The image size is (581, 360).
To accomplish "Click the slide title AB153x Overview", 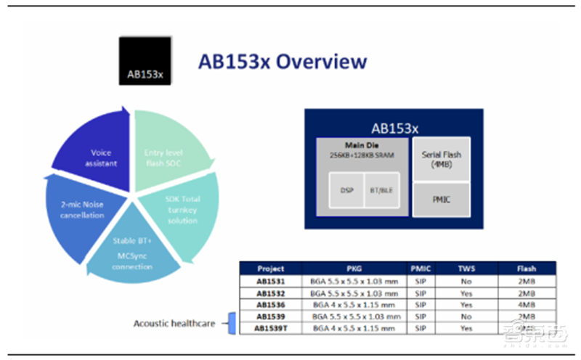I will [283, 62].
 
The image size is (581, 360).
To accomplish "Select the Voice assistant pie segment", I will [100, 157].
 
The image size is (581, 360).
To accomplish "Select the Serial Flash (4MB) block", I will [442, 159].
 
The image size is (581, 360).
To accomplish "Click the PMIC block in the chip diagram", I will [442, 198].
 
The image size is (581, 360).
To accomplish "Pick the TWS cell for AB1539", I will [466, 316].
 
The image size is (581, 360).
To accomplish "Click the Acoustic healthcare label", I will [174, 323].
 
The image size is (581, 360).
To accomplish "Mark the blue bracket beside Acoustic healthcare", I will [232, 323].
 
